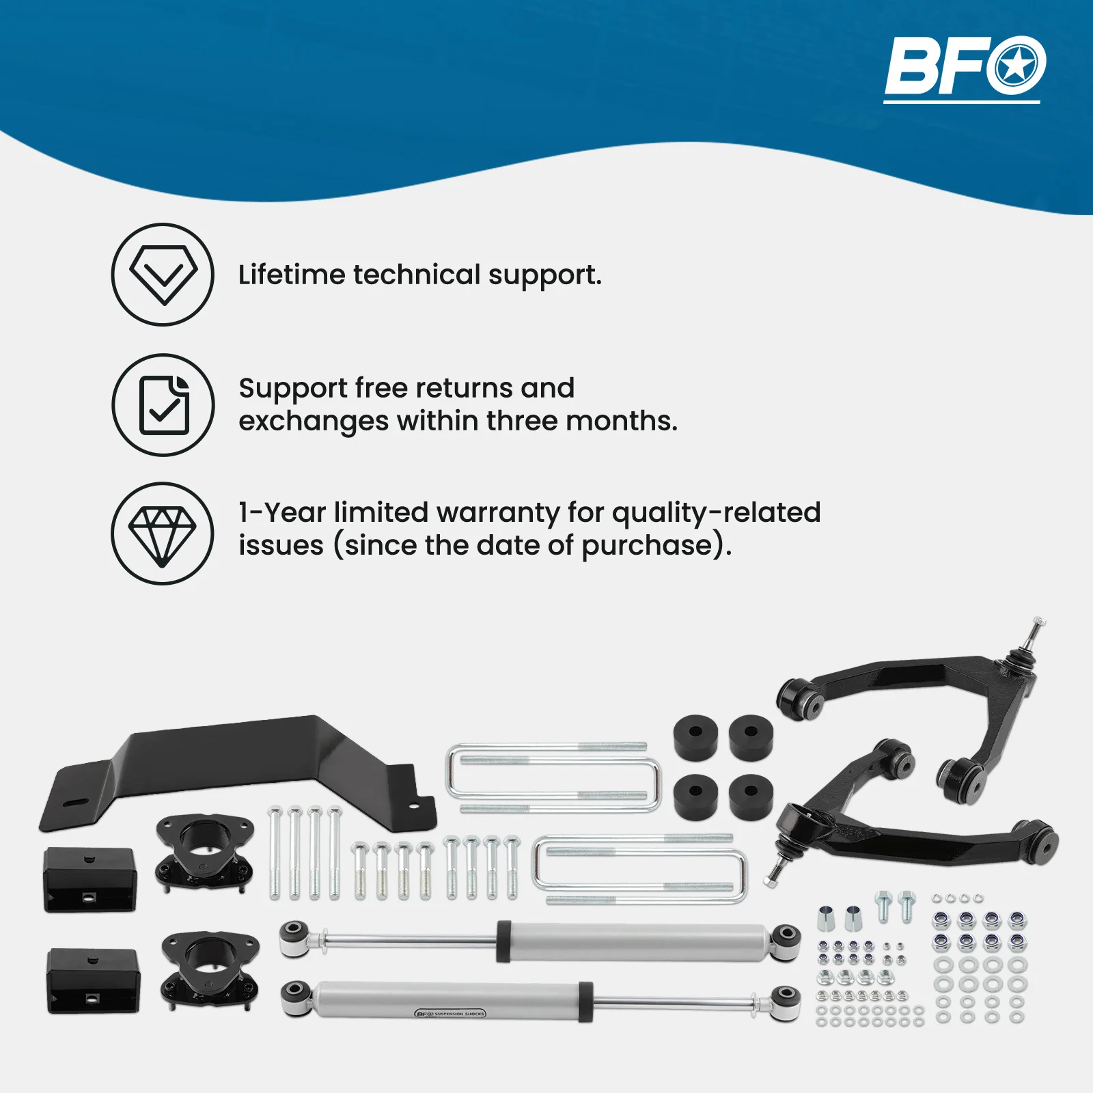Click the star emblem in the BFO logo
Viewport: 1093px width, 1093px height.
1016,66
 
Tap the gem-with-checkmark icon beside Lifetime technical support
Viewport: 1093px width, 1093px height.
163,275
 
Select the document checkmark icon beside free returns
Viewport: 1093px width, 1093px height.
163,405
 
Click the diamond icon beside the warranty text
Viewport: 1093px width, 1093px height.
163,534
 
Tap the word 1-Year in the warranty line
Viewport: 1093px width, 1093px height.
281,512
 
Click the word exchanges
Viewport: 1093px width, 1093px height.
313,421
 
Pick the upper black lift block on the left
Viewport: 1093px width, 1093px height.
90,879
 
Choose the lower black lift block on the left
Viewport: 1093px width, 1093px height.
93,980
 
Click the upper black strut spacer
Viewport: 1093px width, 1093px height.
204,851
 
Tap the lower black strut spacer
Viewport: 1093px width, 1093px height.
210,967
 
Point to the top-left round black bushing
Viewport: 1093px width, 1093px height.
695,737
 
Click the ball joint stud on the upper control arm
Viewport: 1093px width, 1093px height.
1035,633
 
